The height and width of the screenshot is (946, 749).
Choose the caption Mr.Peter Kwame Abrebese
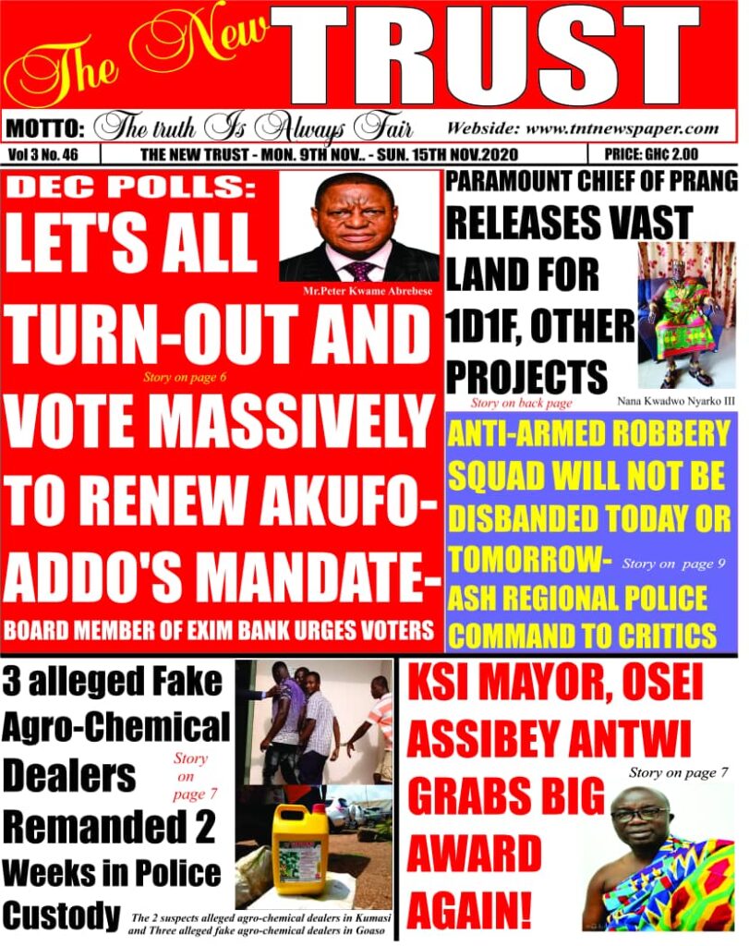[x=359, y=292]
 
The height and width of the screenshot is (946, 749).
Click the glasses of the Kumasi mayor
[x=639, y=813]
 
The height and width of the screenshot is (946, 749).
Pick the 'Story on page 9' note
[x=668, y=563]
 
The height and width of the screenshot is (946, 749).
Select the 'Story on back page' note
[x=521, y=403]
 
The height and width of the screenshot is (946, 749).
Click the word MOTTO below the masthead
[x=46, y=127]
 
